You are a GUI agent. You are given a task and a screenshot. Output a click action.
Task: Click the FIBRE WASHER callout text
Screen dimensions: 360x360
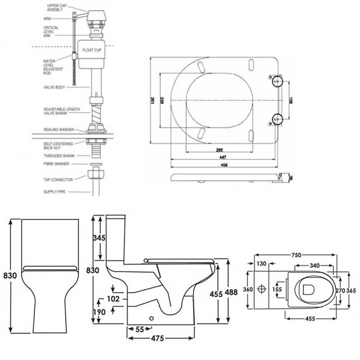(x=55, y=164)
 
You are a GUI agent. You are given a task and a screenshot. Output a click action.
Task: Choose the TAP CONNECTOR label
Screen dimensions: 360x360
(x=58, y=180)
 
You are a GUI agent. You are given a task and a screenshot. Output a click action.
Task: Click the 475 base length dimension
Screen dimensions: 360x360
(x=157, y=337)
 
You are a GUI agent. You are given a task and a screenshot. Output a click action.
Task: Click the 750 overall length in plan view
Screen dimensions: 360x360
(x=296, y=255)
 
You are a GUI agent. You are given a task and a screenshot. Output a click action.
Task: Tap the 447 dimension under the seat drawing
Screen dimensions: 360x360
(x=224, y=157)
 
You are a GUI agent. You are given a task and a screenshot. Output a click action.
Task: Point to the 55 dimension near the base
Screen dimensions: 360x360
(x=140, y=329)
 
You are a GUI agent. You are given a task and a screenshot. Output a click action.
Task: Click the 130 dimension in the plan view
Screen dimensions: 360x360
(x=261, y=264)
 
